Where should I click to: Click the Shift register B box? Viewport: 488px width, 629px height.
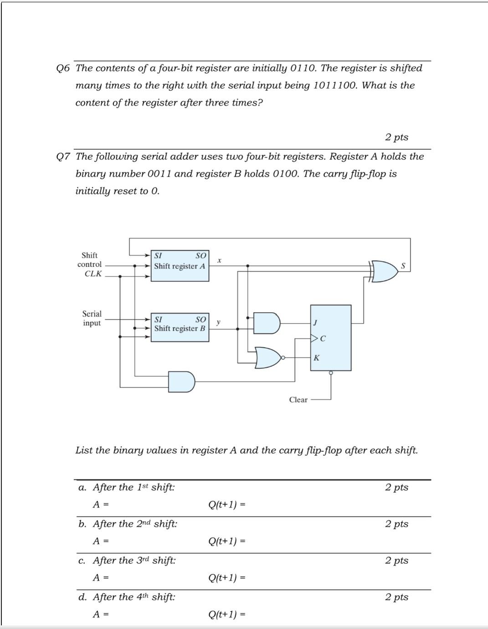pos(180,328)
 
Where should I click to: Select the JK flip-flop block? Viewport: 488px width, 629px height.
pos(331,338)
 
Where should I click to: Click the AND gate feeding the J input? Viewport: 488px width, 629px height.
pos(267,323)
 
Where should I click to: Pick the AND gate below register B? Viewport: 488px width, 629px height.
pos(181,381)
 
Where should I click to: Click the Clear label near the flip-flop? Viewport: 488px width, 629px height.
pos(298,400)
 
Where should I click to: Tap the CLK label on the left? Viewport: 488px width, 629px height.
pos(93,274)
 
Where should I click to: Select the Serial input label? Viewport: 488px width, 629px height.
pos(92,318)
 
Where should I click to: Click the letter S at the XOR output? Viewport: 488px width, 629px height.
pos(403,266)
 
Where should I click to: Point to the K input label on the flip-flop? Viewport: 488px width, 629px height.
pos(317,358)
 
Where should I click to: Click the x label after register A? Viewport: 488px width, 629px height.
pos(219,260)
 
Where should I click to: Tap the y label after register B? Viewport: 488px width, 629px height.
pos(219,322)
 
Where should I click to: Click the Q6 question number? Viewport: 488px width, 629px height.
pos(63,68)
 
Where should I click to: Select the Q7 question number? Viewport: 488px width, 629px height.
pos(63,157)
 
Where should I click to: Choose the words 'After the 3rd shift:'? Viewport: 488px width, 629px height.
pos(134,560)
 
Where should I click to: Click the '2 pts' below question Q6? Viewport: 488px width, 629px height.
pos(396,137)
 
